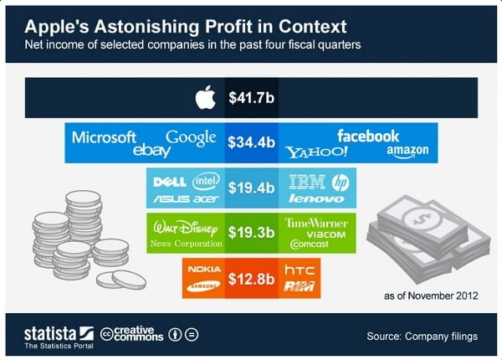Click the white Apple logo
coord(205,97)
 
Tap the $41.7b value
coord(251,97)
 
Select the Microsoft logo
coord(104,138)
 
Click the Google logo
coord(191,138)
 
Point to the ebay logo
coord(151,150)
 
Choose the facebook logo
coord(368,136)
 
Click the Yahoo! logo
coord(316,152)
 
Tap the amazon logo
coord(407,151)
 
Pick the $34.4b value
coord(251,142)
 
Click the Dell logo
coord(170,183)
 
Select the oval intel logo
coord(206,182)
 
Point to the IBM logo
coord(307,182)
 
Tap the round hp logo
coord(341,183)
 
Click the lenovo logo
coord(316,198)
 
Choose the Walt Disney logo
coord(186,228)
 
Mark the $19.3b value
coord(251,233)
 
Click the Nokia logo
coord(204,269)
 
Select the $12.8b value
coord(251,279)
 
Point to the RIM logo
coord(300,286)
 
